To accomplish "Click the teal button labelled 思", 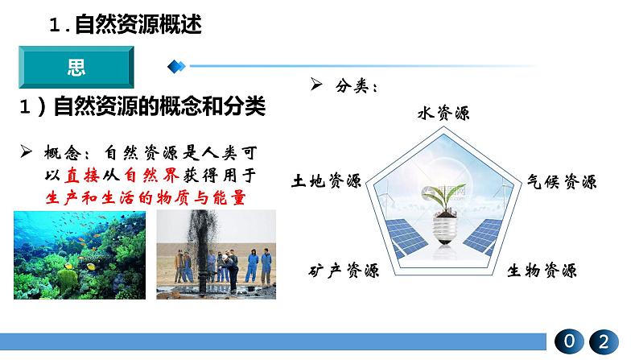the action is pos(76,68).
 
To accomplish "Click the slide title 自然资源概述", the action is pos(138,24).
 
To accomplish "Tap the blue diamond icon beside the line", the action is pos(176,66).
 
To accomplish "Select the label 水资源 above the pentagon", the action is pos(443,113).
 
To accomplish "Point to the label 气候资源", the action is pos(562,181).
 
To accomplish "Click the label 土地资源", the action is pos(326,180).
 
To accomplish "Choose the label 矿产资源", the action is pos(344,271).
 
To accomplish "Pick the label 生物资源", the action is pos(542,271).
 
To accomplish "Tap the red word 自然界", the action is pos(151,176).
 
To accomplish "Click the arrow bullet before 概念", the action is pos(26,151).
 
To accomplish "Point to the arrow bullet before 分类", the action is pos(316,84).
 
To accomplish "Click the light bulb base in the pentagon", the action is pos(444,231).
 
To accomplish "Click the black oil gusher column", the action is pos(202,249).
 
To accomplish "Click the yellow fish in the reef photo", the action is pos(91,267).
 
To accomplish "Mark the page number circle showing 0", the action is pos(569,341).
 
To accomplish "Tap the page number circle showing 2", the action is pos(604,341).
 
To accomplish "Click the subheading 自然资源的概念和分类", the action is pos(159,106).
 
